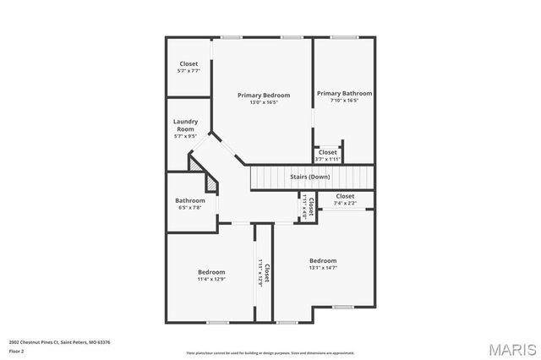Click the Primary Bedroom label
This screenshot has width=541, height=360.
(264, 95)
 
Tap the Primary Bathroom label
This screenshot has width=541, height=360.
(344, 94)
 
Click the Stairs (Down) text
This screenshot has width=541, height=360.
(310, 177)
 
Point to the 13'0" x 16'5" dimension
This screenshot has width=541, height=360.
(264, 103)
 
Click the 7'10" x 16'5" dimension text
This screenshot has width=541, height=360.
(344, 101)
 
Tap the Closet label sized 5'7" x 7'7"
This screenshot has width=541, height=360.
(189, 64)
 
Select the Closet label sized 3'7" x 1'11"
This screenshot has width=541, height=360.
(328, 152)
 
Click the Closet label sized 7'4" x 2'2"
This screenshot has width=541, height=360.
(345, 196)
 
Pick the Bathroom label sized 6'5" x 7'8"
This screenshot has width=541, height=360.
(190, 200)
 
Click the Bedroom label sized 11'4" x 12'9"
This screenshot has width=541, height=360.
(211, 271)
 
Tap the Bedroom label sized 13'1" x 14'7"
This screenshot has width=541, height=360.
(323, 260)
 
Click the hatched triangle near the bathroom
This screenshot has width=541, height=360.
(199, 166)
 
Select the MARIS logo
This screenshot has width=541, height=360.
(509, 348)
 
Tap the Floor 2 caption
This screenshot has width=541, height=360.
(17, 350)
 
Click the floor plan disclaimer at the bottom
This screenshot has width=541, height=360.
(270, 352)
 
